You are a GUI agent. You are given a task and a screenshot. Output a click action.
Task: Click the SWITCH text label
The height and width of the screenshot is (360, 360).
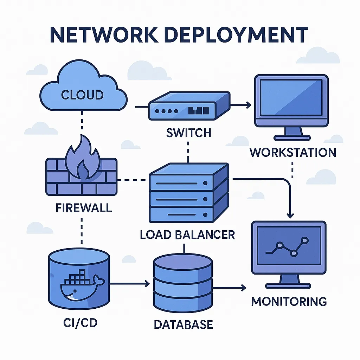[x=188, y=133]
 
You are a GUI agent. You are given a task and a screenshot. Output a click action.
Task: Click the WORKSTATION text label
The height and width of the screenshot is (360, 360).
[x=293, y=153]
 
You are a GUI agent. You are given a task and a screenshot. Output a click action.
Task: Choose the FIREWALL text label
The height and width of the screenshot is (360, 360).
[x=84, y=207]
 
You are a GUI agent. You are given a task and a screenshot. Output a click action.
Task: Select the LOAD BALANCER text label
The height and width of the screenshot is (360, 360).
[x=187, y=235]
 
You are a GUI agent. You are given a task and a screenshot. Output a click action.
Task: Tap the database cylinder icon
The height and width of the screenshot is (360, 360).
[x=183, y=284]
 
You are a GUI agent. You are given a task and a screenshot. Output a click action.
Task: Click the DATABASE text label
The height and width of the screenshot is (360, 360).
[x=183, y=324]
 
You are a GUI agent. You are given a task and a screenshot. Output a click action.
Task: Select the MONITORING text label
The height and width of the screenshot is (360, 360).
[x=289, y=302]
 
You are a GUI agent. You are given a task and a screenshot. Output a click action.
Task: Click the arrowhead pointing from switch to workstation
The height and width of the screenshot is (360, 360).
[x=249, y=104]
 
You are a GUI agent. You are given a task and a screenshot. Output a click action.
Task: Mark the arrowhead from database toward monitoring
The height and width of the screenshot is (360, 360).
[x=244, y=288]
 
